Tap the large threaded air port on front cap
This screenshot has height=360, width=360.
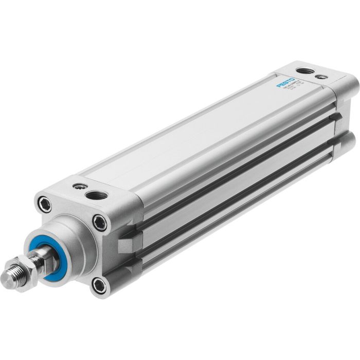coord(96,195)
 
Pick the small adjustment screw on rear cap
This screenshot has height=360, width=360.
coord(321,77)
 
